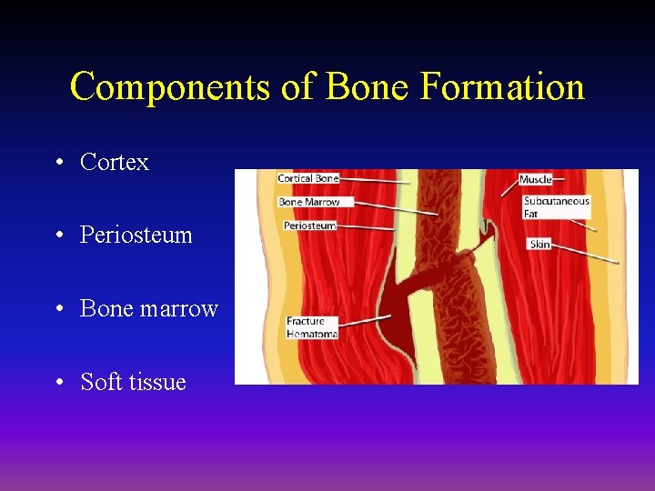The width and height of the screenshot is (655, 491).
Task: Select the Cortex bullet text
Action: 114,162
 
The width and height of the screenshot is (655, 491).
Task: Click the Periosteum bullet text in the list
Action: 136,235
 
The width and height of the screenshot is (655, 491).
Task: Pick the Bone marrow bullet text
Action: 148,308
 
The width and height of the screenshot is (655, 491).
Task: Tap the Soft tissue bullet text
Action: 133,382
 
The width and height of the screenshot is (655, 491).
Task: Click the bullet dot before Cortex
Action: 58,163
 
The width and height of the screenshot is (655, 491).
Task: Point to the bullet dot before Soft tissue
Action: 58,383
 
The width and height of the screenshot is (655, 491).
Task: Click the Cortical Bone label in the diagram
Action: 307,179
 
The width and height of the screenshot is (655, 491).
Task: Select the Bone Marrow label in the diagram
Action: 308,202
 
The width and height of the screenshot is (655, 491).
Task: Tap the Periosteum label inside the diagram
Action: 309,225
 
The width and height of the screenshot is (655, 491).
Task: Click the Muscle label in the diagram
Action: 536,180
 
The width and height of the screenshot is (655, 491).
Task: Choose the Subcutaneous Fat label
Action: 556,207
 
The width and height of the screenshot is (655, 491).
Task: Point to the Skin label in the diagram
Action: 539,244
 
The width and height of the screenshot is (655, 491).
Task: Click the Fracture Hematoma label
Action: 311,327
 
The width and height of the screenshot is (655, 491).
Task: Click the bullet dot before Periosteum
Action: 58,235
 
